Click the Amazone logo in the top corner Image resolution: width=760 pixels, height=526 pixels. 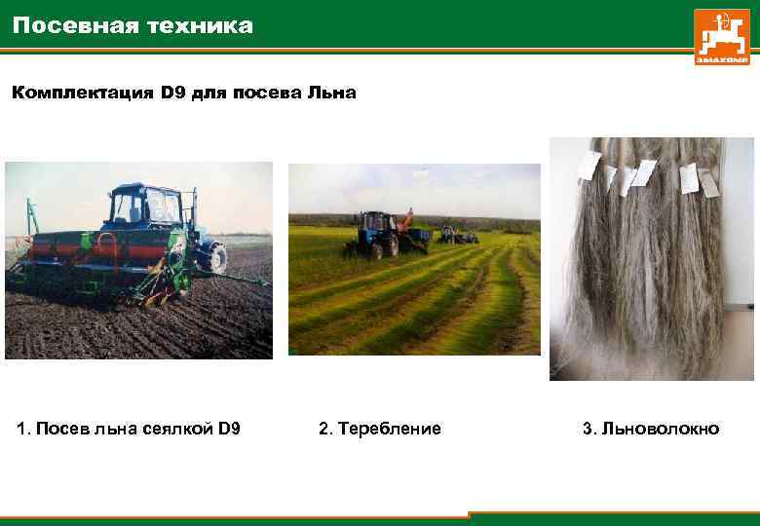coord(722,37)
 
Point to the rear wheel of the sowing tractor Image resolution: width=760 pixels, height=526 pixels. coord(212,256)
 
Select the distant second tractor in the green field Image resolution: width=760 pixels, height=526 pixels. coord(458,235)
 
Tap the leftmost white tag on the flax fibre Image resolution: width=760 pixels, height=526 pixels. coord(587,167)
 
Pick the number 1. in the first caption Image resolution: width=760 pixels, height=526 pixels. coord(23,429)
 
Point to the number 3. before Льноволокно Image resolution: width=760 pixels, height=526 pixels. coord(589,429)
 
